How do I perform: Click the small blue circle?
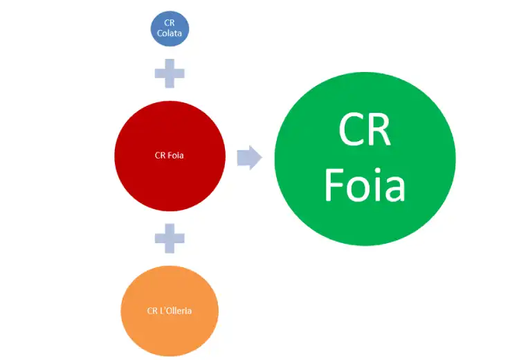(170, 28)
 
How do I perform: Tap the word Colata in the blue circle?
(170, 33)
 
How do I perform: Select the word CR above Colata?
(170, 23)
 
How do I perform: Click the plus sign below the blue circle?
(170, 73)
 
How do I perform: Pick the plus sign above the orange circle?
(170, 238)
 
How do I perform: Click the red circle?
(170, 156)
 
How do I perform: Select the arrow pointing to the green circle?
(250, 157)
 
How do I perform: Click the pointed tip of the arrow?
(262, 157)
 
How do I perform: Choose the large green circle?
(365, 159)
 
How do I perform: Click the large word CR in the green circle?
(365, 129)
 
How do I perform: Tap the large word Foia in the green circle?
(365, 185)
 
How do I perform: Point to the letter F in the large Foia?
(334, 185)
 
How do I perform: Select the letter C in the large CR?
(352, 129)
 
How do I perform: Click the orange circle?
(170, 311)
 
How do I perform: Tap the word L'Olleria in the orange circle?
(176, 310)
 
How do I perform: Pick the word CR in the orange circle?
(152, 311)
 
